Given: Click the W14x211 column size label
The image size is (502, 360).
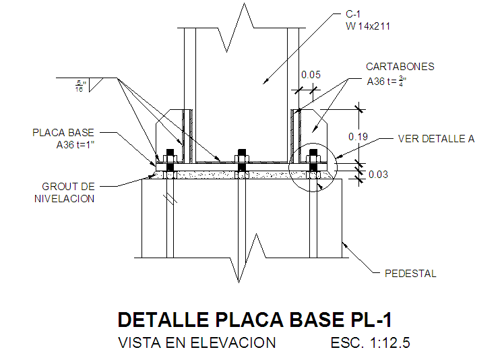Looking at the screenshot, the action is (368, 26).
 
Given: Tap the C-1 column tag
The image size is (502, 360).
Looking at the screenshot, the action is (353, 14).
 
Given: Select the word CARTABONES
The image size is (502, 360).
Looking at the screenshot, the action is (400, 67).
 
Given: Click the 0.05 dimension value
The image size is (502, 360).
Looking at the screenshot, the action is (311, 75).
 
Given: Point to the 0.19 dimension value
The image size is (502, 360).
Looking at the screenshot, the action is (358, 137).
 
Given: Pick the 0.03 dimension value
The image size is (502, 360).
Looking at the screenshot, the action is (378, 175).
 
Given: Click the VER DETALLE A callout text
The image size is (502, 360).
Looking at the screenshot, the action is (436, 139).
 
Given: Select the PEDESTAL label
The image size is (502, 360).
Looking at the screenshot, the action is (410, 274).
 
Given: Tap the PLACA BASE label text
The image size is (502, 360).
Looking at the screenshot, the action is (63, 133).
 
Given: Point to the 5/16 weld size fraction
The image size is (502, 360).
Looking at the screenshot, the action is (80, 86).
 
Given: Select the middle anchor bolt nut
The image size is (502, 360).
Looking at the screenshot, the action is (242, 158).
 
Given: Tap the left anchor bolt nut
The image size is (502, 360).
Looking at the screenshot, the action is (170, 158).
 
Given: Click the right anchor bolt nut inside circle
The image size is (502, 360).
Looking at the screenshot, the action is (313, 158).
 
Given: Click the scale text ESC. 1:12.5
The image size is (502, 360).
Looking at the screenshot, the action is (370, 342).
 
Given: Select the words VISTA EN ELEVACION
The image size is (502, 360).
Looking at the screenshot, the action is (197, 342).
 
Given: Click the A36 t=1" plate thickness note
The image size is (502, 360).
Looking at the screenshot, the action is (75, 145).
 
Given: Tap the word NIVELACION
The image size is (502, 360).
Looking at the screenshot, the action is (65, 199).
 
